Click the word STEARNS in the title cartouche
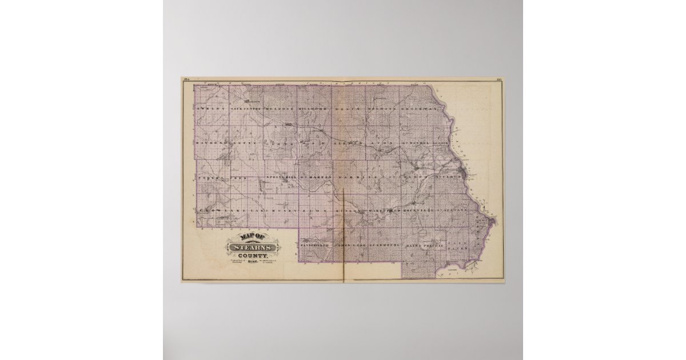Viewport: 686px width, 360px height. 253,247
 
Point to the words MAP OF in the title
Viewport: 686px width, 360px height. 252,237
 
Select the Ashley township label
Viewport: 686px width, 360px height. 211,107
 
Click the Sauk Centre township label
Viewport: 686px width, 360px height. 246,107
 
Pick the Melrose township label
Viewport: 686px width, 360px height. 280,107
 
